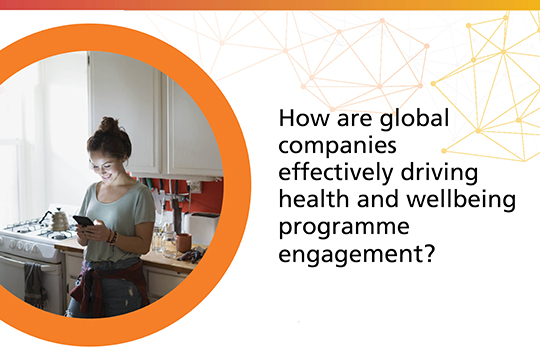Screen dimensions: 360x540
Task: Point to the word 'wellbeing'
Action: (467, 201)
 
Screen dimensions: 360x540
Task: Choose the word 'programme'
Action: (336, 228)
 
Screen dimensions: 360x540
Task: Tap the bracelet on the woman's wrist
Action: (113, 237)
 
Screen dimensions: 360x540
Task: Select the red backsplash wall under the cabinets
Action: (206, 195)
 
